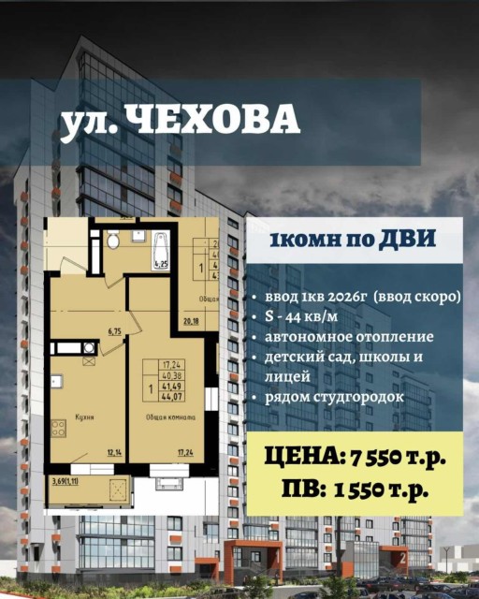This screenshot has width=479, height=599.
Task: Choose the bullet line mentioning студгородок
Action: point(337,398)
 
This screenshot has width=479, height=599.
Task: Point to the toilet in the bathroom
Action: point(113,241)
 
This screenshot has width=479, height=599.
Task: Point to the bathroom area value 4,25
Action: point(161,265)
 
